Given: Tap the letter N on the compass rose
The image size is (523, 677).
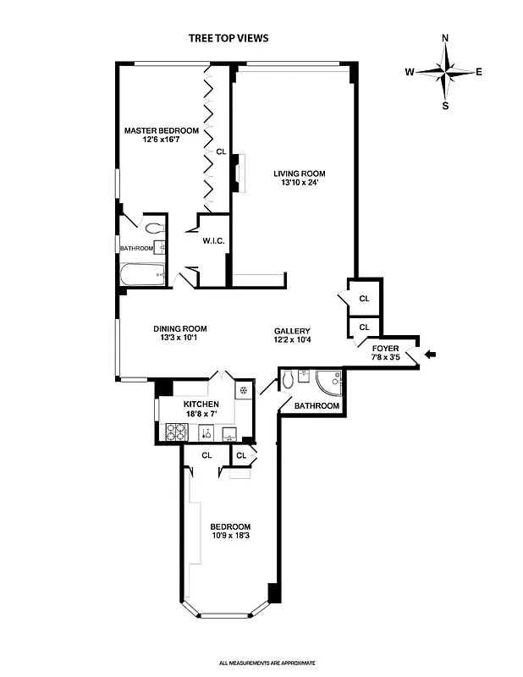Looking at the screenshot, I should click(x=446, y=38).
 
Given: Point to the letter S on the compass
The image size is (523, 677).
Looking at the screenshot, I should click(x=446, y=106).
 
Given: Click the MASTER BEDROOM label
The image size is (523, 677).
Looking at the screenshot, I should click(x=161, y=130).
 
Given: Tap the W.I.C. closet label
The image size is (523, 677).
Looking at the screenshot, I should click(x=212, y=241).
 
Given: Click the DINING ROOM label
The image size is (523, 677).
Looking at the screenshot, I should click(x=179, y=329).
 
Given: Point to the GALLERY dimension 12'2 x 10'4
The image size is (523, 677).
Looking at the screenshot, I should click(x=293, y=340).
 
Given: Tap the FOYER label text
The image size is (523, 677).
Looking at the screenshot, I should click(x=385, y=348).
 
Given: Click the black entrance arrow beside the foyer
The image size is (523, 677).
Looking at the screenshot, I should click(x=430, y=355).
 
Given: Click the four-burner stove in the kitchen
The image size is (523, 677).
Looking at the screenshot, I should click(x=175, y=432).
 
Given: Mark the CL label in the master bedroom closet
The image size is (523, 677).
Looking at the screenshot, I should click(x=221, y=152).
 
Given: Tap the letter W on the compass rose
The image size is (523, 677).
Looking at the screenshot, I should click(x=409, y=72).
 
